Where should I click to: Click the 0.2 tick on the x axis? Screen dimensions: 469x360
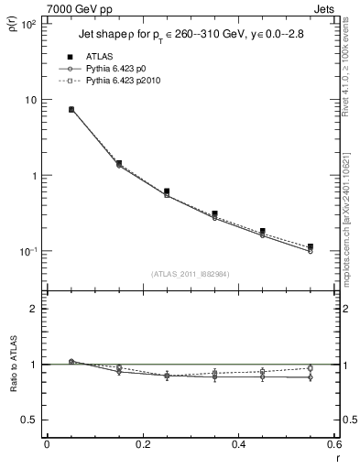[142, 444]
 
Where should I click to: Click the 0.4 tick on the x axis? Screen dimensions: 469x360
[238, 444]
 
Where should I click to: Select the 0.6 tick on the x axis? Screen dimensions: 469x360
[333, 444]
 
